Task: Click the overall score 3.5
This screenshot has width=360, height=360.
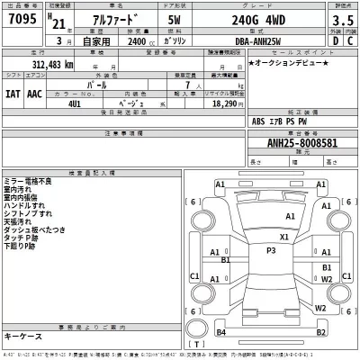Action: pos(343,21)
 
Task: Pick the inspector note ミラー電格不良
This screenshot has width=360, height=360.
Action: pos(28,182)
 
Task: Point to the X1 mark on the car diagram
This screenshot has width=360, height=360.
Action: pos(284,237)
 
